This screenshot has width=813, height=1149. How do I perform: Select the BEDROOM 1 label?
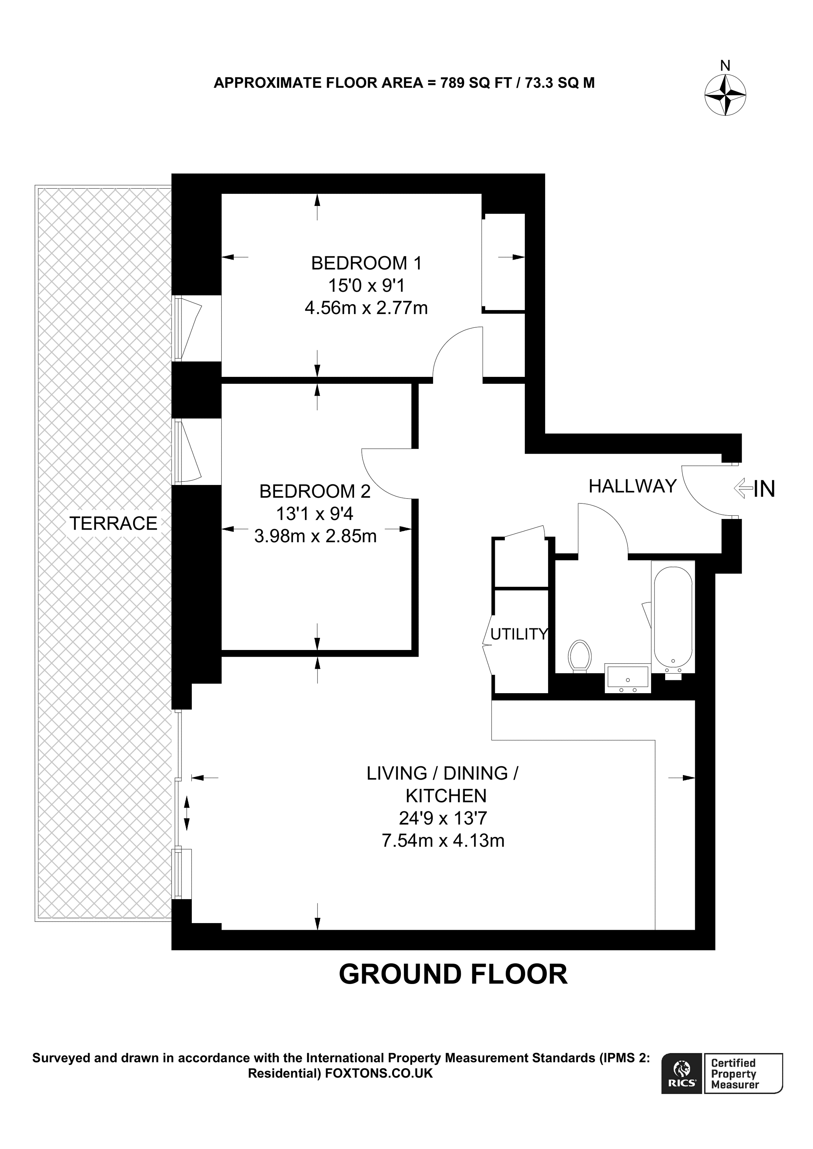click(x=366, y=263)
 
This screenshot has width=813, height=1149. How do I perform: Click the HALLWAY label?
click(x=632, y=486)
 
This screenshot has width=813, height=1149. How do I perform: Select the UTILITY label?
click(x=519, y=634)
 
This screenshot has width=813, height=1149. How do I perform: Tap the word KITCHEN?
click(x=445, y=796)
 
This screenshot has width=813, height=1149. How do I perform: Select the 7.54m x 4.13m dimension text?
click(x=443, y=840)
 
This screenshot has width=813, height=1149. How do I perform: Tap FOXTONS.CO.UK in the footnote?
click(x=379, y=1073)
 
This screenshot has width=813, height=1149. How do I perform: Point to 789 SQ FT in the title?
click(x=475, y=83)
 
